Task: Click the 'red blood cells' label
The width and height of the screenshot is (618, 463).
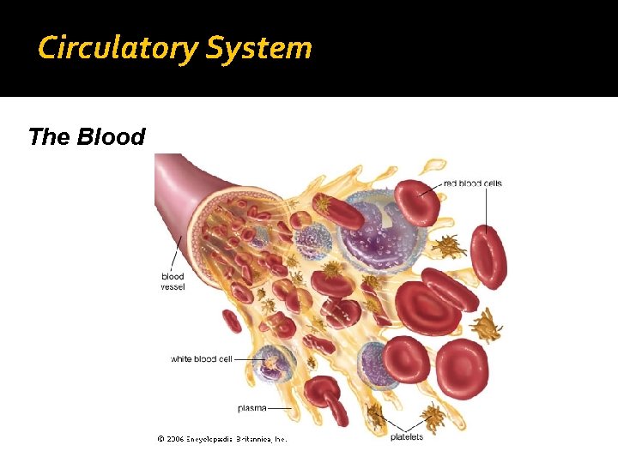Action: [472, 183]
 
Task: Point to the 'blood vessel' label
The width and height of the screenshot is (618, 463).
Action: [173, 281]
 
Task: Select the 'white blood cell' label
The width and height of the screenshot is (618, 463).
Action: [202, 359]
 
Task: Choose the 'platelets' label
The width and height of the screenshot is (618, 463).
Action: [407, 437]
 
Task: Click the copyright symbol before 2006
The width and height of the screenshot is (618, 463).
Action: [161, 439]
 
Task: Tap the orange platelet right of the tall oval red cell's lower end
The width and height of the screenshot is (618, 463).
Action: [487, 324]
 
